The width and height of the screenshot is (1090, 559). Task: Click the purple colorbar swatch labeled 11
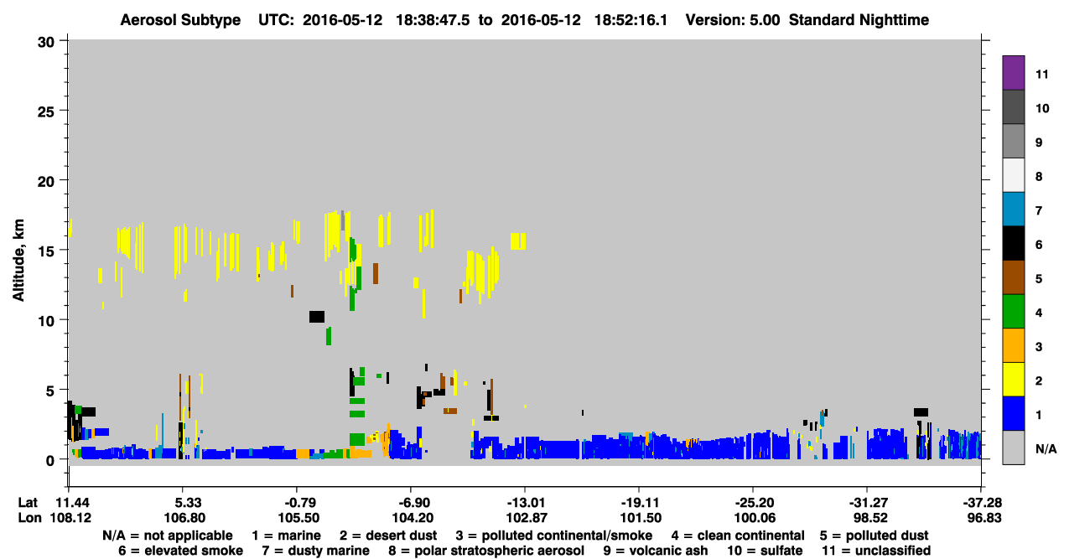pyautogui.click(x=1013, y=72)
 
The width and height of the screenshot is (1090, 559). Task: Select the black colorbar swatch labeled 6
pyautogui.click(x=1013, y=243)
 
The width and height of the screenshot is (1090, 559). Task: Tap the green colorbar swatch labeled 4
pyautogui.click(x=1013, y=312)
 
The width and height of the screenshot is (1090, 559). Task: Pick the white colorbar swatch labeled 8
pyautogui.click(x=1013, y=175)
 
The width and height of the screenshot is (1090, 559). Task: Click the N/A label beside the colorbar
pyautogui.click(x=1046, y=448)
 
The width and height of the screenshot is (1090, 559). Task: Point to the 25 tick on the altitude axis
pyautogui.click(x=46, y=111)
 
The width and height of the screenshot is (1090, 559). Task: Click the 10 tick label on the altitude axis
pyautogui.click(x=46, y=321)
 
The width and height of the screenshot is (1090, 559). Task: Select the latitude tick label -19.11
pyautogui.click(x=640, y=503)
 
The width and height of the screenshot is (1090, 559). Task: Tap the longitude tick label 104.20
pyautogui.click(x=413, y=518)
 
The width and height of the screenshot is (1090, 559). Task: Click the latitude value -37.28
pyautogui.click(x=982, y=503)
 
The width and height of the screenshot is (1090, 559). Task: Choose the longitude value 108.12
pyautogui.click(x=70, y=518)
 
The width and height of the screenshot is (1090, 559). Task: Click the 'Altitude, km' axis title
pyautogui.click(x=18, y=261)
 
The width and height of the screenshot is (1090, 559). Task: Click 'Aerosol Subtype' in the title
pyautogui.click(x=180, y=20)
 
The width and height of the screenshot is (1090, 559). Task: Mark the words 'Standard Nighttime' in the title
pyautogui.click(x=859, y=20)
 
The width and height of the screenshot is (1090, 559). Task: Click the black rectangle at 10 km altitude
pyautogui.click(x=317, y=317)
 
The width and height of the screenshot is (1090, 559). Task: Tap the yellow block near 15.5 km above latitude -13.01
pyautogui.click(x=518, y=241)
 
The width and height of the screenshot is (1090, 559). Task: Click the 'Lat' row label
pyautogui.click(x=28, y=503)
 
